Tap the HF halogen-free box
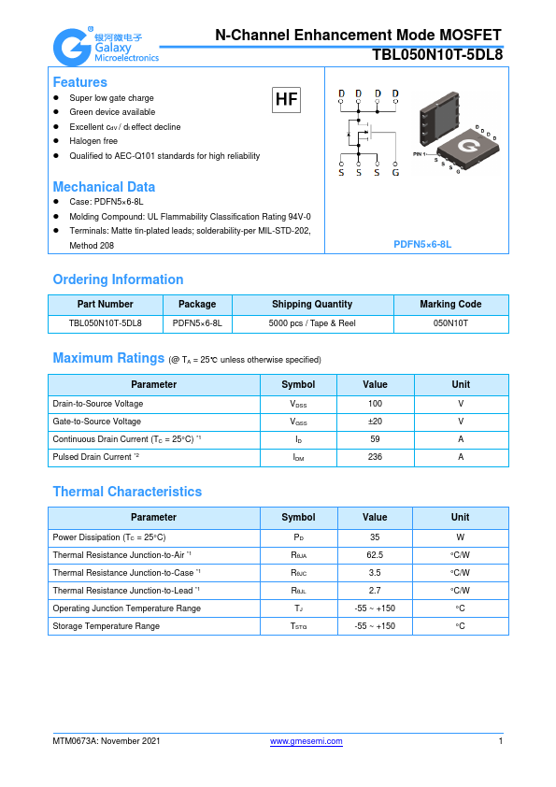(x=286, y=100)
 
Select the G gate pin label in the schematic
(x=395, y=173)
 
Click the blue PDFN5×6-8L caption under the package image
(x=422, y=244)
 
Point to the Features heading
(x=79, y=82)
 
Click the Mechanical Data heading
(x=104, y=186)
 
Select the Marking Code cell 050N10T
(x=450, y=322)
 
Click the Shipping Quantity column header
(x=312, y=305)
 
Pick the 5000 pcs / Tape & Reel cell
(x=312, y=322)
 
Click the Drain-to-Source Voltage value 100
(x=375, y=404)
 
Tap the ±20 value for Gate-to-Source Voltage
(x=375, y=422)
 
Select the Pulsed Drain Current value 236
(x=375, y=457)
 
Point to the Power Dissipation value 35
(x=375, y=537)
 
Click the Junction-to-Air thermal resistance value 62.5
(x=375, y=555)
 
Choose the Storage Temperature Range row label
(x=106, y=626)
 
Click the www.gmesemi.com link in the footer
(x=307, y=741)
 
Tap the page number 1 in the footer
(x=501, y=741)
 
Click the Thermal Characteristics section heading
(x=127, y=492)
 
